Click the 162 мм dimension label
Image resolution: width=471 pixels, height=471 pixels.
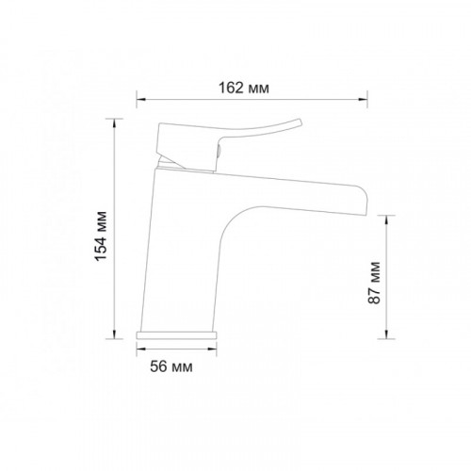244,88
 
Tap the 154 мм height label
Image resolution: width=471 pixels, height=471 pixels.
101,236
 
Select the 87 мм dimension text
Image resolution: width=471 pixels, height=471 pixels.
374,283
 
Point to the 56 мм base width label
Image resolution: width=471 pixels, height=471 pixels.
171,366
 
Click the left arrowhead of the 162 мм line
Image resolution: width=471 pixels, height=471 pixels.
140,100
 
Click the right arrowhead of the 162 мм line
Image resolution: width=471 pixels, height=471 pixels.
364,100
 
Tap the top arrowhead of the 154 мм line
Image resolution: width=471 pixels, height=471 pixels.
114,123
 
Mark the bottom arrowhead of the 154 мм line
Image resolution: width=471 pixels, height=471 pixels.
114,334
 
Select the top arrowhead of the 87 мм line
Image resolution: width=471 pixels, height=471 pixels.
386,219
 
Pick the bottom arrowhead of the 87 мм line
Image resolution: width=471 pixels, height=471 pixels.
386,334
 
